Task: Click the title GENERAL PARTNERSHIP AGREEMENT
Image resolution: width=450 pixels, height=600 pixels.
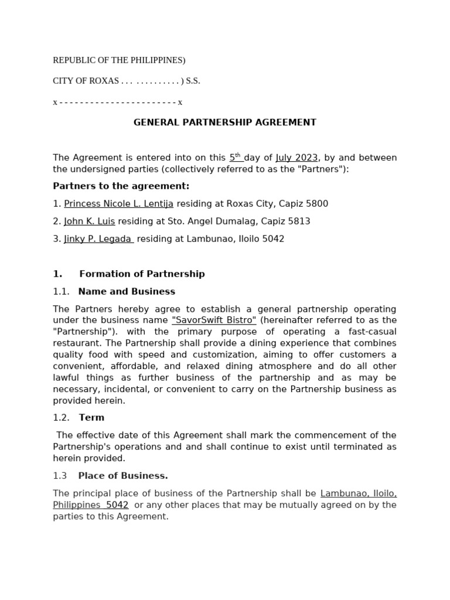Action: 224,122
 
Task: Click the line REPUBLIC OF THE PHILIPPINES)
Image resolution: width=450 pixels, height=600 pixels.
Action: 119,60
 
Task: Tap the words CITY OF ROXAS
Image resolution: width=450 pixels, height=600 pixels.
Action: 86,81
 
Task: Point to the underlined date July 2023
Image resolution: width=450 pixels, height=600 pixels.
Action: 296,158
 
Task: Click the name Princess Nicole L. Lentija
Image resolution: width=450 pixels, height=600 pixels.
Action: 118,204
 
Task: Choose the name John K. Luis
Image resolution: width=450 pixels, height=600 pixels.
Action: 89,221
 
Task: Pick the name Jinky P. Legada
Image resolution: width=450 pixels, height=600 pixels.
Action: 98,239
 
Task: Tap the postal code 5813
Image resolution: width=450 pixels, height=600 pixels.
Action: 299,221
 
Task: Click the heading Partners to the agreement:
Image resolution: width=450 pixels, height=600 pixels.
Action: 121,186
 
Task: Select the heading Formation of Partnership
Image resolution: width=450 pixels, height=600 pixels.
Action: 142,274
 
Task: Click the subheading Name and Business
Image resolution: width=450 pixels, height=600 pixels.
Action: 127,291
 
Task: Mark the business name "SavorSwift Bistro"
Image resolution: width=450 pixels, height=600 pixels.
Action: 214,321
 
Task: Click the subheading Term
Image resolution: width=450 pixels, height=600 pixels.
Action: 91,418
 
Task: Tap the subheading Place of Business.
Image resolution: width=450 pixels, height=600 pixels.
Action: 123,476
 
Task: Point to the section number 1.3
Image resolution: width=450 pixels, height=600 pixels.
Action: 60,476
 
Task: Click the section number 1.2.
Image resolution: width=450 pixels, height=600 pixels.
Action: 61,418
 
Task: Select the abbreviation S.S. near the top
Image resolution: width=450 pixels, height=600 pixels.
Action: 193,81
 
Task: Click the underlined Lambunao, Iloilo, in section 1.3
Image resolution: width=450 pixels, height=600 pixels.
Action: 358,493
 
